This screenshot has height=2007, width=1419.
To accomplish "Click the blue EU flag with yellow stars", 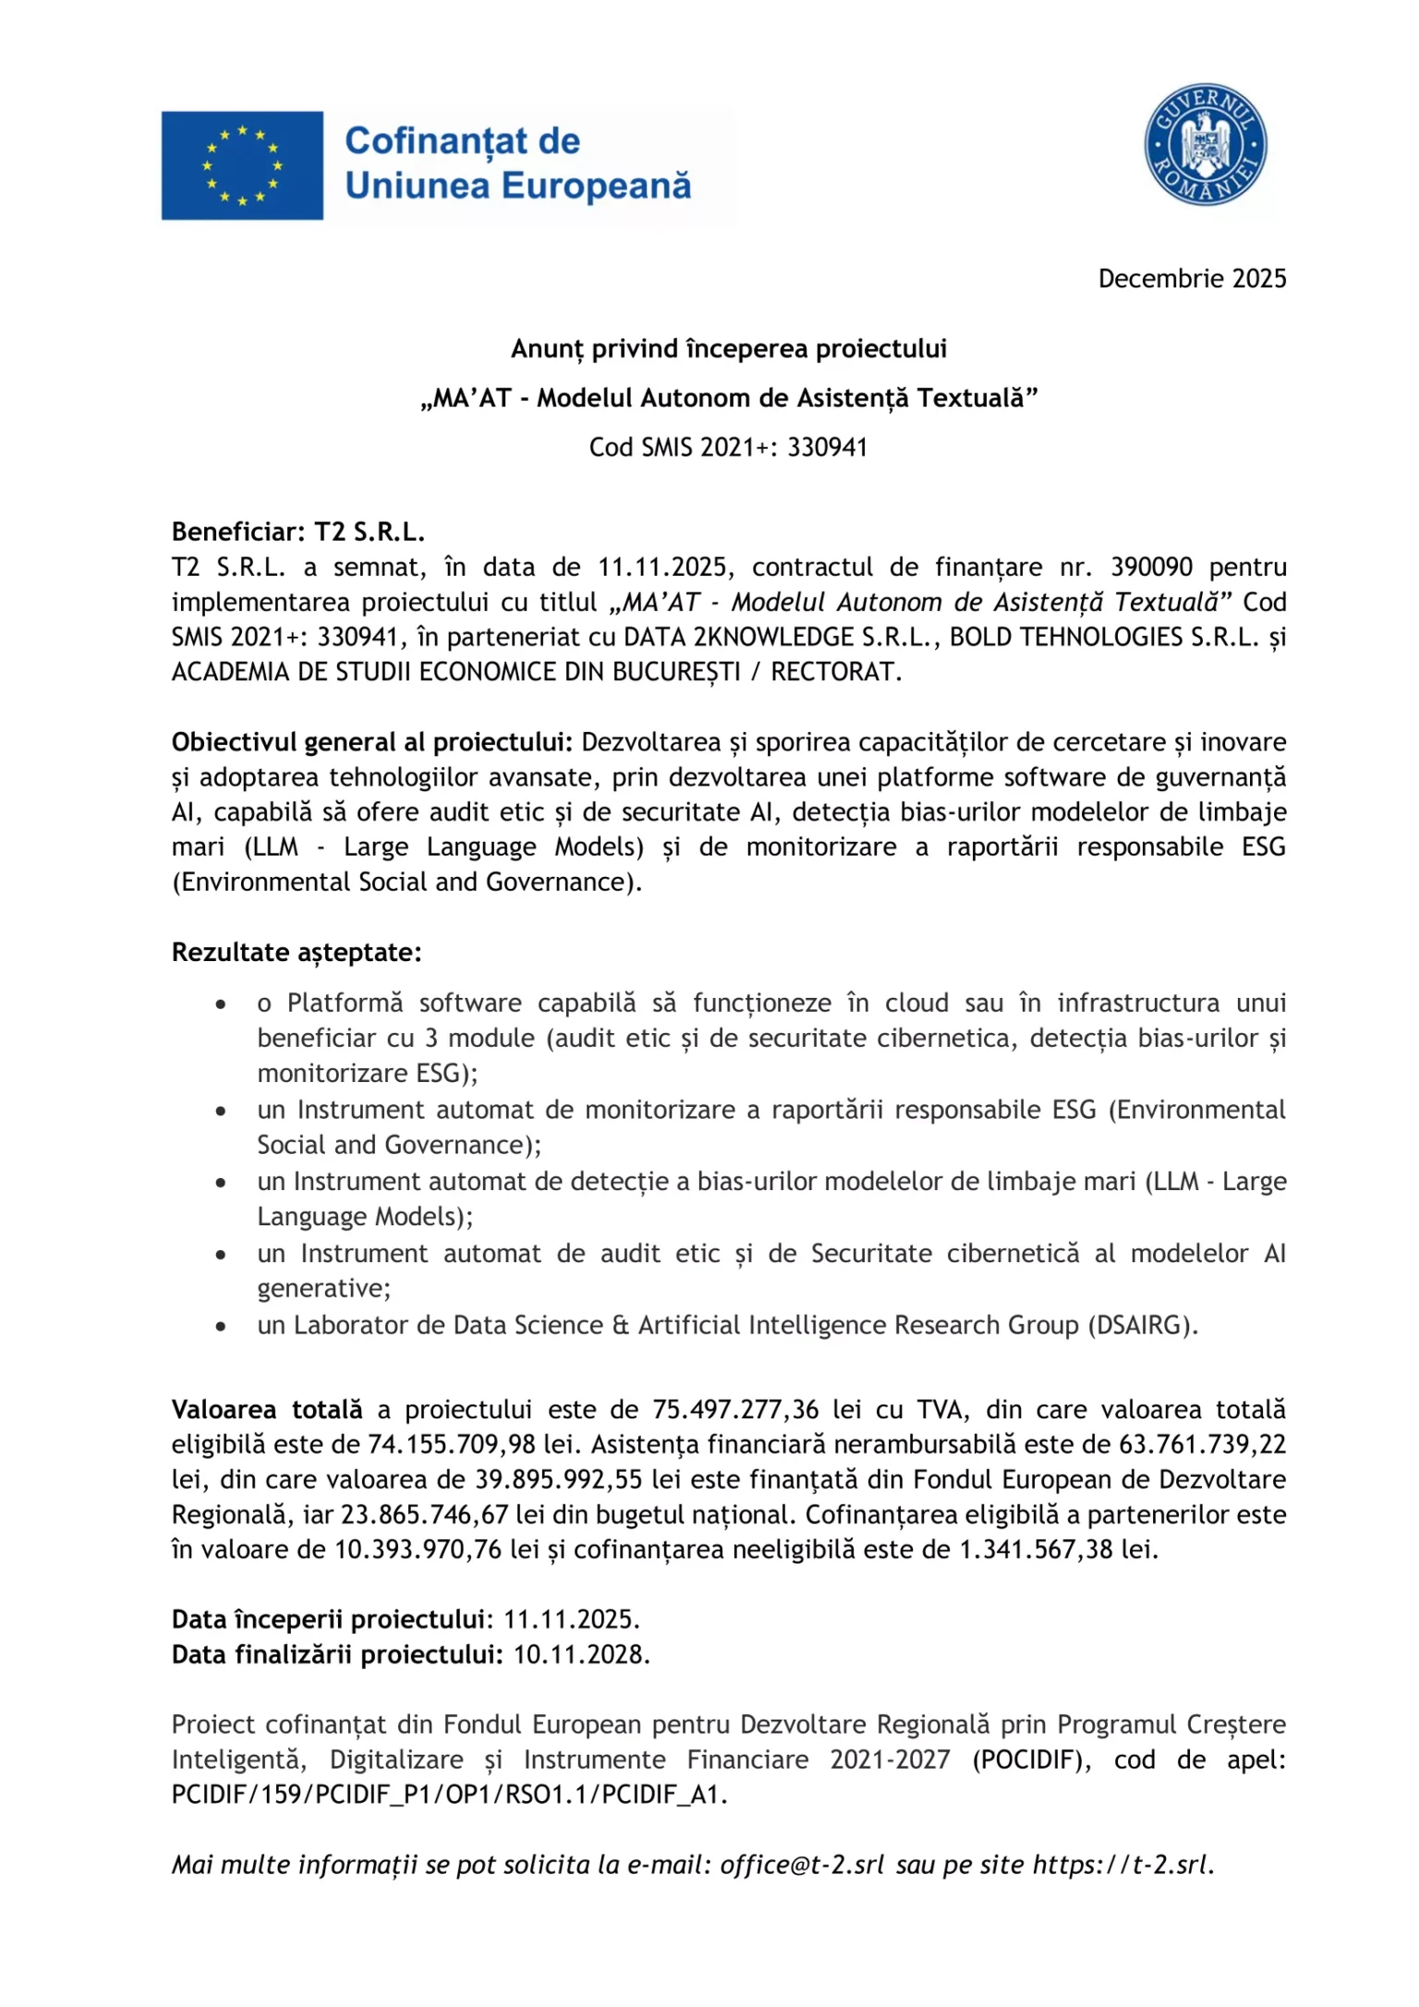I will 242,165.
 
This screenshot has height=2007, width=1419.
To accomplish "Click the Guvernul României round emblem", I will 1205,144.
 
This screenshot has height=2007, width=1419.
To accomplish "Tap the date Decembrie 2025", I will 1192,279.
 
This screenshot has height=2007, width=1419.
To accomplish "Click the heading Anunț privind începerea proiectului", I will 729,349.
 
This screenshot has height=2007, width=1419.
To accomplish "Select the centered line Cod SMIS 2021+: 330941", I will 729,447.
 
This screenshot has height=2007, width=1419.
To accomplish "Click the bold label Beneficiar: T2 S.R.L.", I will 297,532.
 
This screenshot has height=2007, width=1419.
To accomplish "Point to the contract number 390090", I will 1151,567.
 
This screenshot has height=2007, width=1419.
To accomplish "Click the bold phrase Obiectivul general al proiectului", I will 371,743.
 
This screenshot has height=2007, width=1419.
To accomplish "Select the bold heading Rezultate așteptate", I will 297,953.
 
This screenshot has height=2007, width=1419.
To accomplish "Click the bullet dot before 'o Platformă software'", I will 221,1004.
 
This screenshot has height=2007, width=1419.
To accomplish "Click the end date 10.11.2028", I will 581,1655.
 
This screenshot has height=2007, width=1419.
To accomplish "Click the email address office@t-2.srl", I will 802,1866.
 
